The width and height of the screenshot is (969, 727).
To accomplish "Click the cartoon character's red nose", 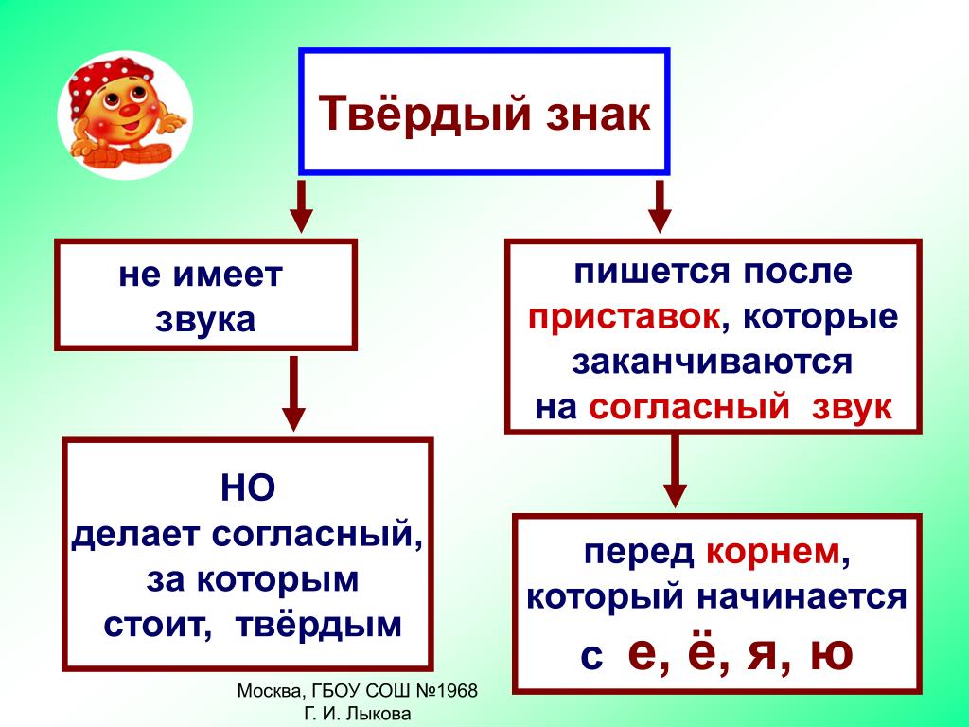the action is [x=129, y=110].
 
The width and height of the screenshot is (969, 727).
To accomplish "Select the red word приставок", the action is [x=625, y=317].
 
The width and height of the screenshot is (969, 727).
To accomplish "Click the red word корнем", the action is [x=773, y=552].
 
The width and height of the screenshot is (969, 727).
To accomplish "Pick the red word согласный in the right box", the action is [x=690, y=407].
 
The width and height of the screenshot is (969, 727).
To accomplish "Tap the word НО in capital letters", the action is [x=247, y=488].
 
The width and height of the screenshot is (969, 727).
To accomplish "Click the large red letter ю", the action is [x=831, y=653].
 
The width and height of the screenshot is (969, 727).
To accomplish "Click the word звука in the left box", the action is [x=205, y=320].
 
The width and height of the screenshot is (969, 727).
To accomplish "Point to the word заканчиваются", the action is [x=712, y=362].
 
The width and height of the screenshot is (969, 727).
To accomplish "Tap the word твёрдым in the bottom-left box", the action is [x=319, y=625].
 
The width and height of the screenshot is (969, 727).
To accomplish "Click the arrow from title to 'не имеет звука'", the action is [x=301, y=206].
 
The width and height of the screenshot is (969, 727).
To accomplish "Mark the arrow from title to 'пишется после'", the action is [x=660, y=206].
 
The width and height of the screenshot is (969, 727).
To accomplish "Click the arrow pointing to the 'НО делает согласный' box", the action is [x=293, y=393].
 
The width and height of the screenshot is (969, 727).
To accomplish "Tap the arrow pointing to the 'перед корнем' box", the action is [x=675, y=471].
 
